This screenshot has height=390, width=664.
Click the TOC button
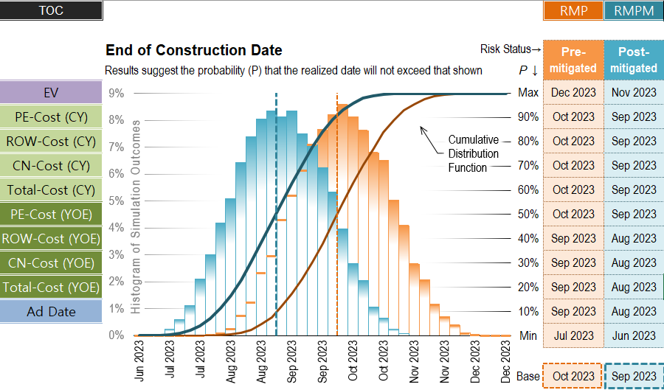[51, 11]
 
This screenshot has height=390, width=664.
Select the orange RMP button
[573, 11]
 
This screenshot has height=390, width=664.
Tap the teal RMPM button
[634, 11]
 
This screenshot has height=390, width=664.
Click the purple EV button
[51, 93]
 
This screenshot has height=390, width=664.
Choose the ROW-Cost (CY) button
[51, 142]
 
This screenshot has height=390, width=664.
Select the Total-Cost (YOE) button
[51, 288]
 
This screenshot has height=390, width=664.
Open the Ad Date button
[51, 312]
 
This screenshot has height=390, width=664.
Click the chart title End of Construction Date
[193, 51]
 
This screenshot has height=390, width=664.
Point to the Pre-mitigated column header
[573, 60]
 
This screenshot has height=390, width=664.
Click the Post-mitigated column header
[634, 60]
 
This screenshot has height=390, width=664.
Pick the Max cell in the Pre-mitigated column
[573, 93]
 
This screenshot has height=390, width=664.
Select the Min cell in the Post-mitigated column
[634, 336]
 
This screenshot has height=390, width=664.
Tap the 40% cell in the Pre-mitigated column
[573, 239]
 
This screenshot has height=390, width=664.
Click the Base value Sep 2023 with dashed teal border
[634, 377]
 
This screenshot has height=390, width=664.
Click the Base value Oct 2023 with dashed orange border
[573, 377]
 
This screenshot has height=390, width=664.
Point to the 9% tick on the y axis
[116, 94]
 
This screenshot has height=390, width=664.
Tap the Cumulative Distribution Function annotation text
[473, 153]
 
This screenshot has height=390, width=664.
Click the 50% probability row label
[528, 215]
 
